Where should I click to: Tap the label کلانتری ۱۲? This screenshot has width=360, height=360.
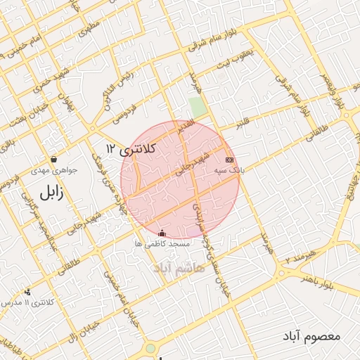pyautogui.click(x=131, y=148)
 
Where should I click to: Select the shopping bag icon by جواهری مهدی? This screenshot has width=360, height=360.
pyautogui.click(x=54, y=160)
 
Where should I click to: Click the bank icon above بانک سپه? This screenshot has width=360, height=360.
pyautogui.click(x=229, y=160)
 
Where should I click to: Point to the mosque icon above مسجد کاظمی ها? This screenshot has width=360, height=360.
pyautogui.click(x=162, y=233)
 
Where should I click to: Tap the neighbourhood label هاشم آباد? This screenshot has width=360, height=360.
pyautogui.click(x=180, y=268)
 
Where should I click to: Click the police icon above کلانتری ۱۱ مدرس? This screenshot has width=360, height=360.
pyautogui.click(x=27, y=292)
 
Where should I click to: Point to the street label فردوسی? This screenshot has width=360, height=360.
pyautogui.click(x=141, y=105)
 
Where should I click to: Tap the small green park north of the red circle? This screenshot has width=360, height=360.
pyautogui.click(x=198, y=108)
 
